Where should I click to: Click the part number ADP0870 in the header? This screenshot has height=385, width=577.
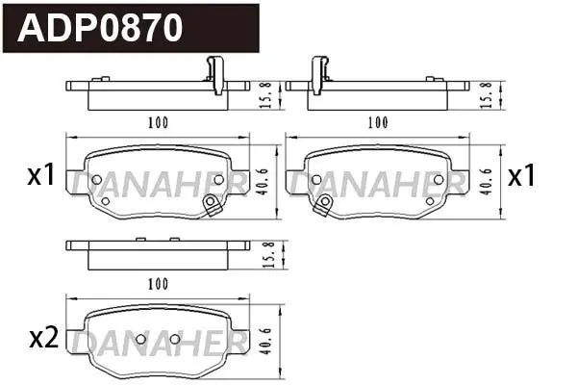tap(100, 28)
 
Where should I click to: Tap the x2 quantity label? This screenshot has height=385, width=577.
tap(44, 338)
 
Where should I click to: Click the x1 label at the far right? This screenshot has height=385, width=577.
tap(521, 176)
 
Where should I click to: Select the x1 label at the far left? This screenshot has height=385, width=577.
tap(41, 174)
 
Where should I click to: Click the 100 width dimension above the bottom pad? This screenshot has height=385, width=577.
tap(158, 284)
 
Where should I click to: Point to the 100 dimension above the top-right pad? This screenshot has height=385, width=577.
tap(378, 122)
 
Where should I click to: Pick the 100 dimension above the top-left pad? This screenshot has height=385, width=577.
tap(158, 122)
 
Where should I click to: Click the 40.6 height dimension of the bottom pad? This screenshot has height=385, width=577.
tap(265, 341)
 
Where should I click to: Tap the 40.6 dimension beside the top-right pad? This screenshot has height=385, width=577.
tap(486, 182)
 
